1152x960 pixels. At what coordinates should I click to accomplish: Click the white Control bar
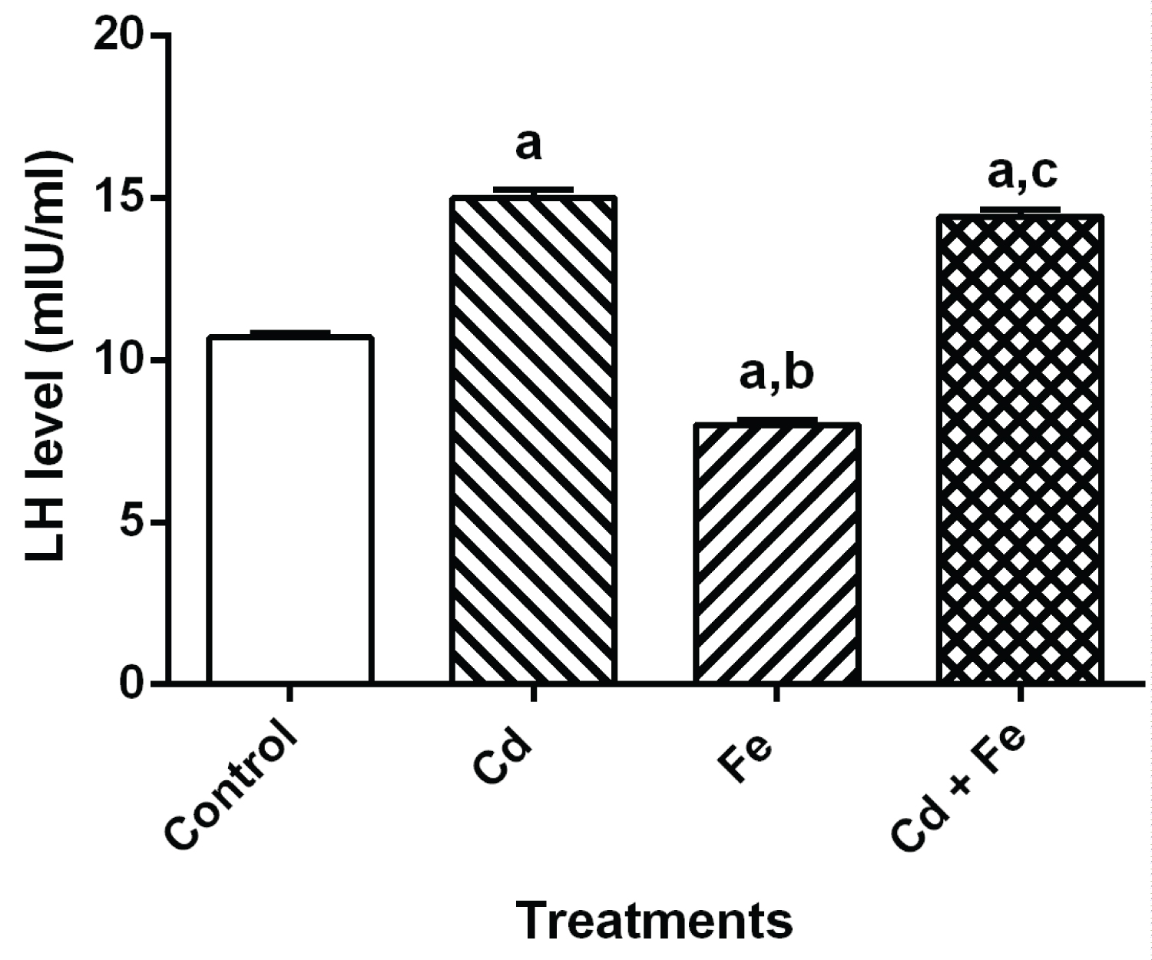[x=290, y=509]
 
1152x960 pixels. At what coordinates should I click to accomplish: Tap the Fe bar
[x=776, y=552]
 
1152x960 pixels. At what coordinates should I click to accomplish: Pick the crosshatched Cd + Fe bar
[x=1020, y=449]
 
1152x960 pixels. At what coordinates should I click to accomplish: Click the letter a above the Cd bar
[x=528, y=145]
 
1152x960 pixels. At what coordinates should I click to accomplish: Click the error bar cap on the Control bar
[x=290, y=332]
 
